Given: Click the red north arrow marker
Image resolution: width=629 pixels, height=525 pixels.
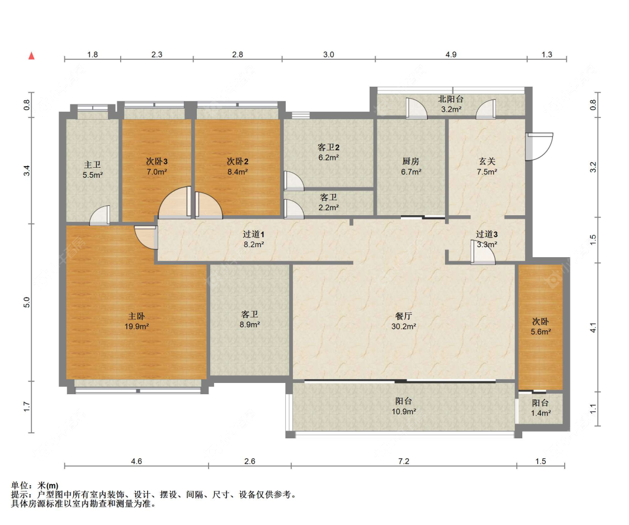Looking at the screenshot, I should tap(32, 55).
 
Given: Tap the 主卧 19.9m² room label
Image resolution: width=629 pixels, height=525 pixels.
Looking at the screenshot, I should tap(136, 321).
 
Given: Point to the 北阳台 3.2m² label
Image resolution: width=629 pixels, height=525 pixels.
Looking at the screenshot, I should tap(450, 104).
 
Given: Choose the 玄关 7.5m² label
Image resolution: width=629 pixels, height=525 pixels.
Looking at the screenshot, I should tap(487, 167).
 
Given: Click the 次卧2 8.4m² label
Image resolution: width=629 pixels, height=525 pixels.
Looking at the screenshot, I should tap(237, 167).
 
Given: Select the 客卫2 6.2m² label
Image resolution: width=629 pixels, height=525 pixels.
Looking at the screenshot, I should tap(329, 152).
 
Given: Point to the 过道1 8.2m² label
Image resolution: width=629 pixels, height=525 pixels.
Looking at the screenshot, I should tap(253, 239).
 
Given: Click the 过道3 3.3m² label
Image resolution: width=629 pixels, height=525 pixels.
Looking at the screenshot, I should tap(486, 239).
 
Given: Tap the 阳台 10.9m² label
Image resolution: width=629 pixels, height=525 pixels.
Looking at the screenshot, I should tap(404, 406).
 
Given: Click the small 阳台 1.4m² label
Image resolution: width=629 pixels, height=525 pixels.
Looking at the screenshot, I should tap(540, 408).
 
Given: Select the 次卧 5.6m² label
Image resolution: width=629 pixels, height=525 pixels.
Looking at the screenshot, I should tap(540, 327).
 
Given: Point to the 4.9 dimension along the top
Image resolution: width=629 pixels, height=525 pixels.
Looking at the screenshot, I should tap(451, 55).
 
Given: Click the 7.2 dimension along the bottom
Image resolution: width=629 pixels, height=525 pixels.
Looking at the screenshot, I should tap(404, 462).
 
